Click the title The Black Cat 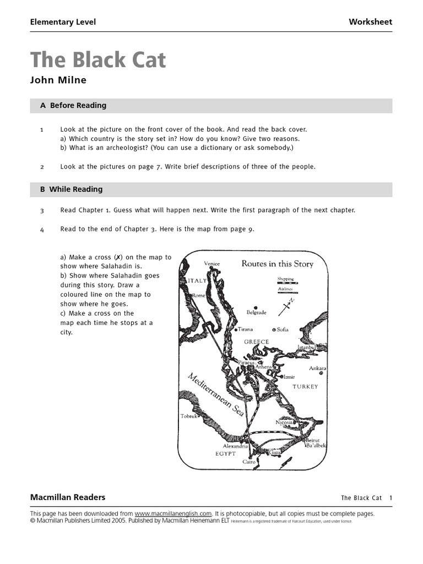tap(97, 60)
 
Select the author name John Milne tap(58, 80)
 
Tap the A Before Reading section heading tap(73, 105)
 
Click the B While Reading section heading tap(71, 189)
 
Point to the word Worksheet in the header tap(370, 22)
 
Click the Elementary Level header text tap(63, 22)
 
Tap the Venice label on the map tap(211, 264)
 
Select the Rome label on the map tap(198, 296)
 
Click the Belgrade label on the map tap(256, 312)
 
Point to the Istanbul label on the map tap(306, 347)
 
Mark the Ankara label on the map tap(317, 368)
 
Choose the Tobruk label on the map tap(189, 416)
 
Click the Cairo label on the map tap(249, 462)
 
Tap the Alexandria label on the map tap(236, 446)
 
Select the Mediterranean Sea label tap(216, 394)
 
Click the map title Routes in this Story tap(277, 264)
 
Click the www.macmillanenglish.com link tap(173, 513)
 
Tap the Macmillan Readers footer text tap(67, 497)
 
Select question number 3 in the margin tap(42, 210)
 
